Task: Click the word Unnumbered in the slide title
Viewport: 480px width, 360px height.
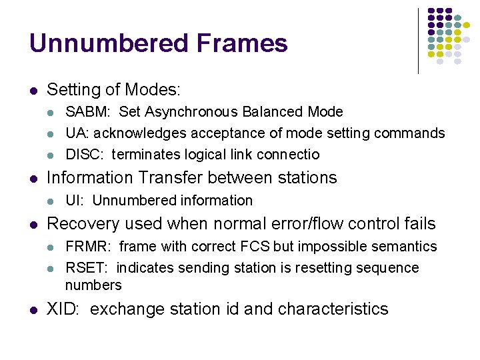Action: [x=98, y=44]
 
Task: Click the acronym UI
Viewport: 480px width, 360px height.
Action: [x=73, y=201]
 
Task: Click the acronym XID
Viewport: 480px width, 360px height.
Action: [x=63, y=309]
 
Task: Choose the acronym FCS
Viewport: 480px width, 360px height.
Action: [x=256, y=247]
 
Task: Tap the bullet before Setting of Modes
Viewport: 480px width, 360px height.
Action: [x=33, y=90]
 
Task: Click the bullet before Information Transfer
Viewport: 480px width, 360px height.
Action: [x=33, y=179]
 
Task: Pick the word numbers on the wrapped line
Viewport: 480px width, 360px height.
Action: [x=93, y=285]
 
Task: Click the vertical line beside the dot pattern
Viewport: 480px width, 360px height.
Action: [x=418, y=40]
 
